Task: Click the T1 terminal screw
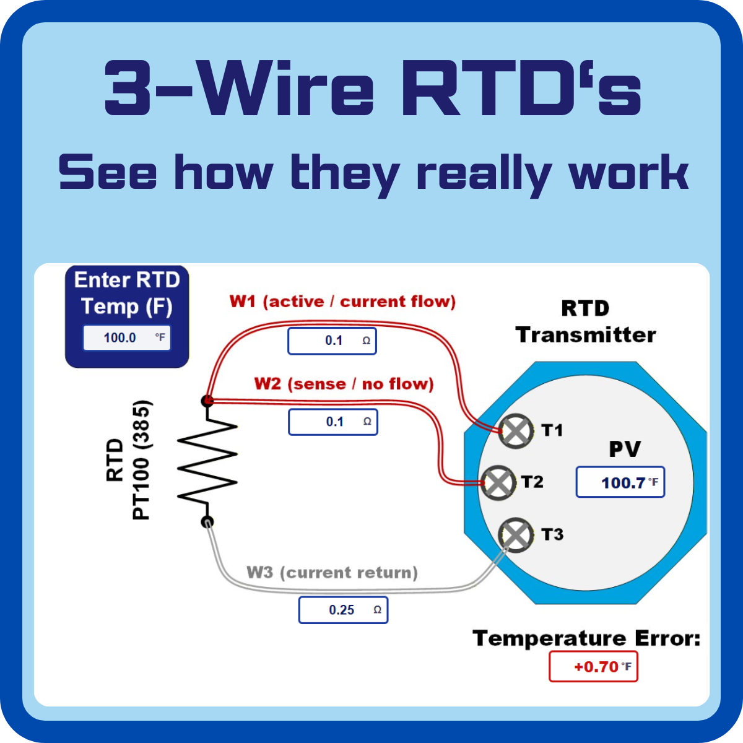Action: coord(516,430)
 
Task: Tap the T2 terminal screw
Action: coord(498,482)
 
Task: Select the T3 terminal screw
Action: coord(516,534)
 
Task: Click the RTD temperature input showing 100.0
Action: coord(127,337)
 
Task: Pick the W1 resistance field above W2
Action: coord(332,341)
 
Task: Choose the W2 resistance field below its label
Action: coord(332,422)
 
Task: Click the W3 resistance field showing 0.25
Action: coord(343,610)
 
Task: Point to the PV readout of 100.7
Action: coord(620,482)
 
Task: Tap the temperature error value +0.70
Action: coord(593,667)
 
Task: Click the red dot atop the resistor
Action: coord(207,401)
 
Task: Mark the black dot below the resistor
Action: coord(207,522)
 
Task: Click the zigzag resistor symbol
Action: coord(207,461)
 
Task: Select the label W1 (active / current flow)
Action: coord(342,302)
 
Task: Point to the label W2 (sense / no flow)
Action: coord(344,384)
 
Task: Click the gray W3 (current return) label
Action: coord(332,572)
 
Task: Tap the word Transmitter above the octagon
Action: coord(586,335)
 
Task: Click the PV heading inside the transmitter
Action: coord(625,449)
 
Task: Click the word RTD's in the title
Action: coord(521,89)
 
